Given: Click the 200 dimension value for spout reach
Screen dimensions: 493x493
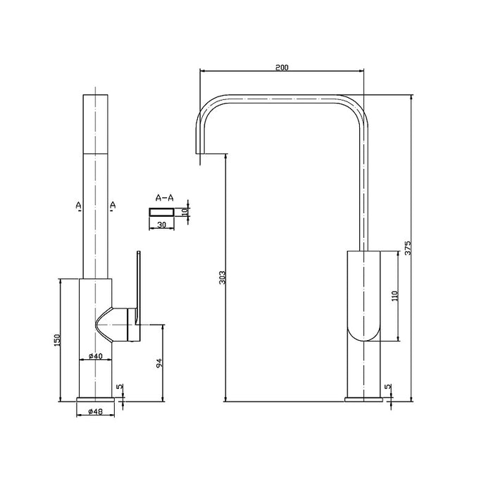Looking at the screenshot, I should pos(282,68).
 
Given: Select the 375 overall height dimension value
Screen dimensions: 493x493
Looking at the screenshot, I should pos(408,247).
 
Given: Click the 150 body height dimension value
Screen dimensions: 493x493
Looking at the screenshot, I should pos(58,340).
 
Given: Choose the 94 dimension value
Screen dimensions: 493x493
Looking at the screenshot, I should pos(160,363).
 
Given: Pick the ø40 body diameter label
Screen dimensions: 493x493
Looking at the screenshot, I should pos(96,356).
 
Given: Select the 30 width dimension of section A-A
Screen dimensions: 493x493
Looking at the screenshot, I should pos(162,225).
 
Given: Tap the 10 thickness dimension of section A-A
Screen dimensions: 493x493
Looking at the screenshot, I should pos(185,211).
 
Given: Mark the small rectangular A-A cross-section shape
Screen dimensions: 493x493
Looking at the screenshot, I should pos(161,211).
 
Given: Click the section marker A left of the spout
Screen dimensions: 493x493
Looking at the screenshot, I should pos(77,205).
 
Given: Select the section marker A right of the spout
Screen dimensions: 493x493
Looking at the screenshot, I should pos(112,205).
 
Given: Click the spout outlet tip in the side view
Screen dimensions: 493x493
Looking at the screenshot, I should pos(199,151).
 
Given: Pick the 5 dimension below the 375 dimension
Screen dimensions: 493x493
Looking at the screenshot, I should pos(388,387).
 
